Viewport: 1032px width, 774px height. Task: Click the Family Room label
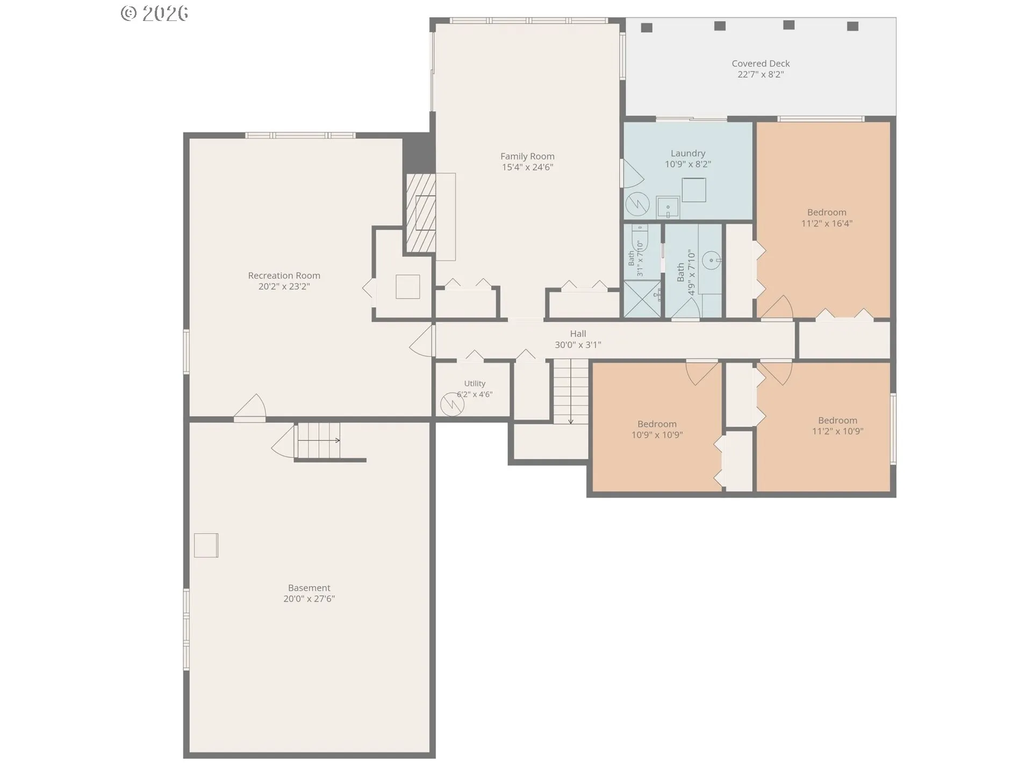[527, 156]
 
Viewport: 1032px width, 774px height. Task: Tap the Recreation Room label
[284, 276]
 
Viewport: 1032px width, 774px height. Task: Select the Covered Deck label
[761, 63]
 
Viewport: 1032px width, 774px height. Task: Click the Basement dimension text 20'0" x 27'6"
[309, 599]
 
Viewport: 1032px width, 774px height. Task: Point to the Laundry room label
[688, 154]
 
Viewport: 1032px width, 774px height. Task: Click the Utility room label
[475, 383]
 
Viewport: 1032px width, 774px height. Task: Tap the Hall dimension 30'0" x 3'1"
[578, 345]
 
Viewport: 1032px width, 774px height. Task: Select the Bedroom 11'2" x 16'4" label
[827, 218]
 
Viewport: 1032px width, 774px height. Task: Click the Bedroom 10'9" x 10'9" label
[657, 429]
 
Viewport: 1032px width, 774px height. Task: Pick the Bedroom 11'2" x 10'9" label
[837, 426]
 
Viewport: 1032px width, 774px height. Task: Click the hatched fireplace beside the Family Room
[421, 213]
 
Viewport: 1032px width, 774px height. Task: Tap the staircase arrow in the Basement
[319, 441]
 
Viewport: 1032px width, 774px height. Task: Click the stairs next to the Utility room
[571, 391]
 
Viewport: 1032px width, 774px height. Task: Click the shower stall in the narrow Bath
[642, 299]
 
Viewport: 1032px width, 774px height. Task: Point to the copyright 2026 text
[155, 13]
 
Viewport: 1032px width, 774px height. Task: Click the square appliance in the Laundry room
[693, 190]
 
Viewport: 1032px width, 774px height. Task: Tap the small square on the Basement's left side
[206, 545]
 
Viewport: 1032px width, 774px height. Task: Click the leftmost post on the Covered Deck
[647, 27]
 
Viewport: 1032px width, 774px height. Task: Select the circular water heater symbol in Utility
[452, 405]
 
